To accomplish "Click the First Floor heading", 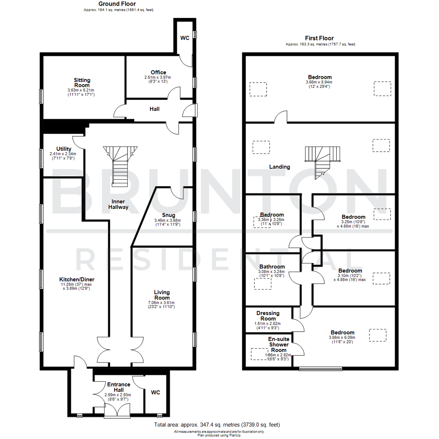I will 319,38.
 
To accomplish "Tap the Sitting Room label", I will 82,83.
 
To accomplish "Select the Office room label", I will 158,72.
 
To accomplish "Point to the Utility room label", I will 64,149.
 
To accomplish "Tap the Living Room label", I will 162,295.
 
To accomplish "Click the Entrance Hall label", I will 119,387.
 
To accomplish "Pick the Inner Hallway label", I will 118,204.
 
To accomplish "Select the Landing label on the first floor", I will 280,167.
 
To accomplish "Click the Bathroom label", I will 272,267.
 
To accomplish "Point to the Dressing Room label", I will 268,316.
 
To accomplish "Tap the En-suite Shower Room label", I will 277,344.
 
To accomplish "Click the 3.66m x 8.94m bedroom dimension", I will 319,82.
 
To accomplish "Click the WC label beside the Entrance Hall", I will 156,393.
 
